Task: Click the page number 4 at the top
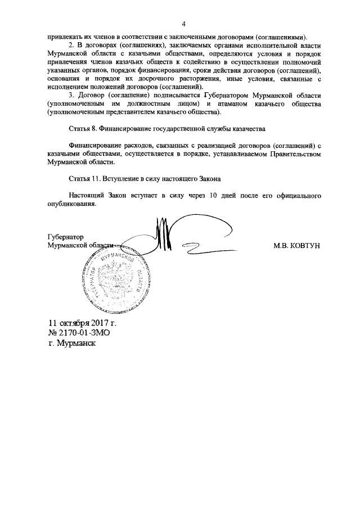183,23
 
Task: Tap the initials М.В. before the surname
281,246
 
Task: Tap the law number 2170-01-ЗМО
80,333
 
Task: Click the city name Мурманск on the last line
76,343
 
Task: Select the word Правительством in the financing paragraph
295,154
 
